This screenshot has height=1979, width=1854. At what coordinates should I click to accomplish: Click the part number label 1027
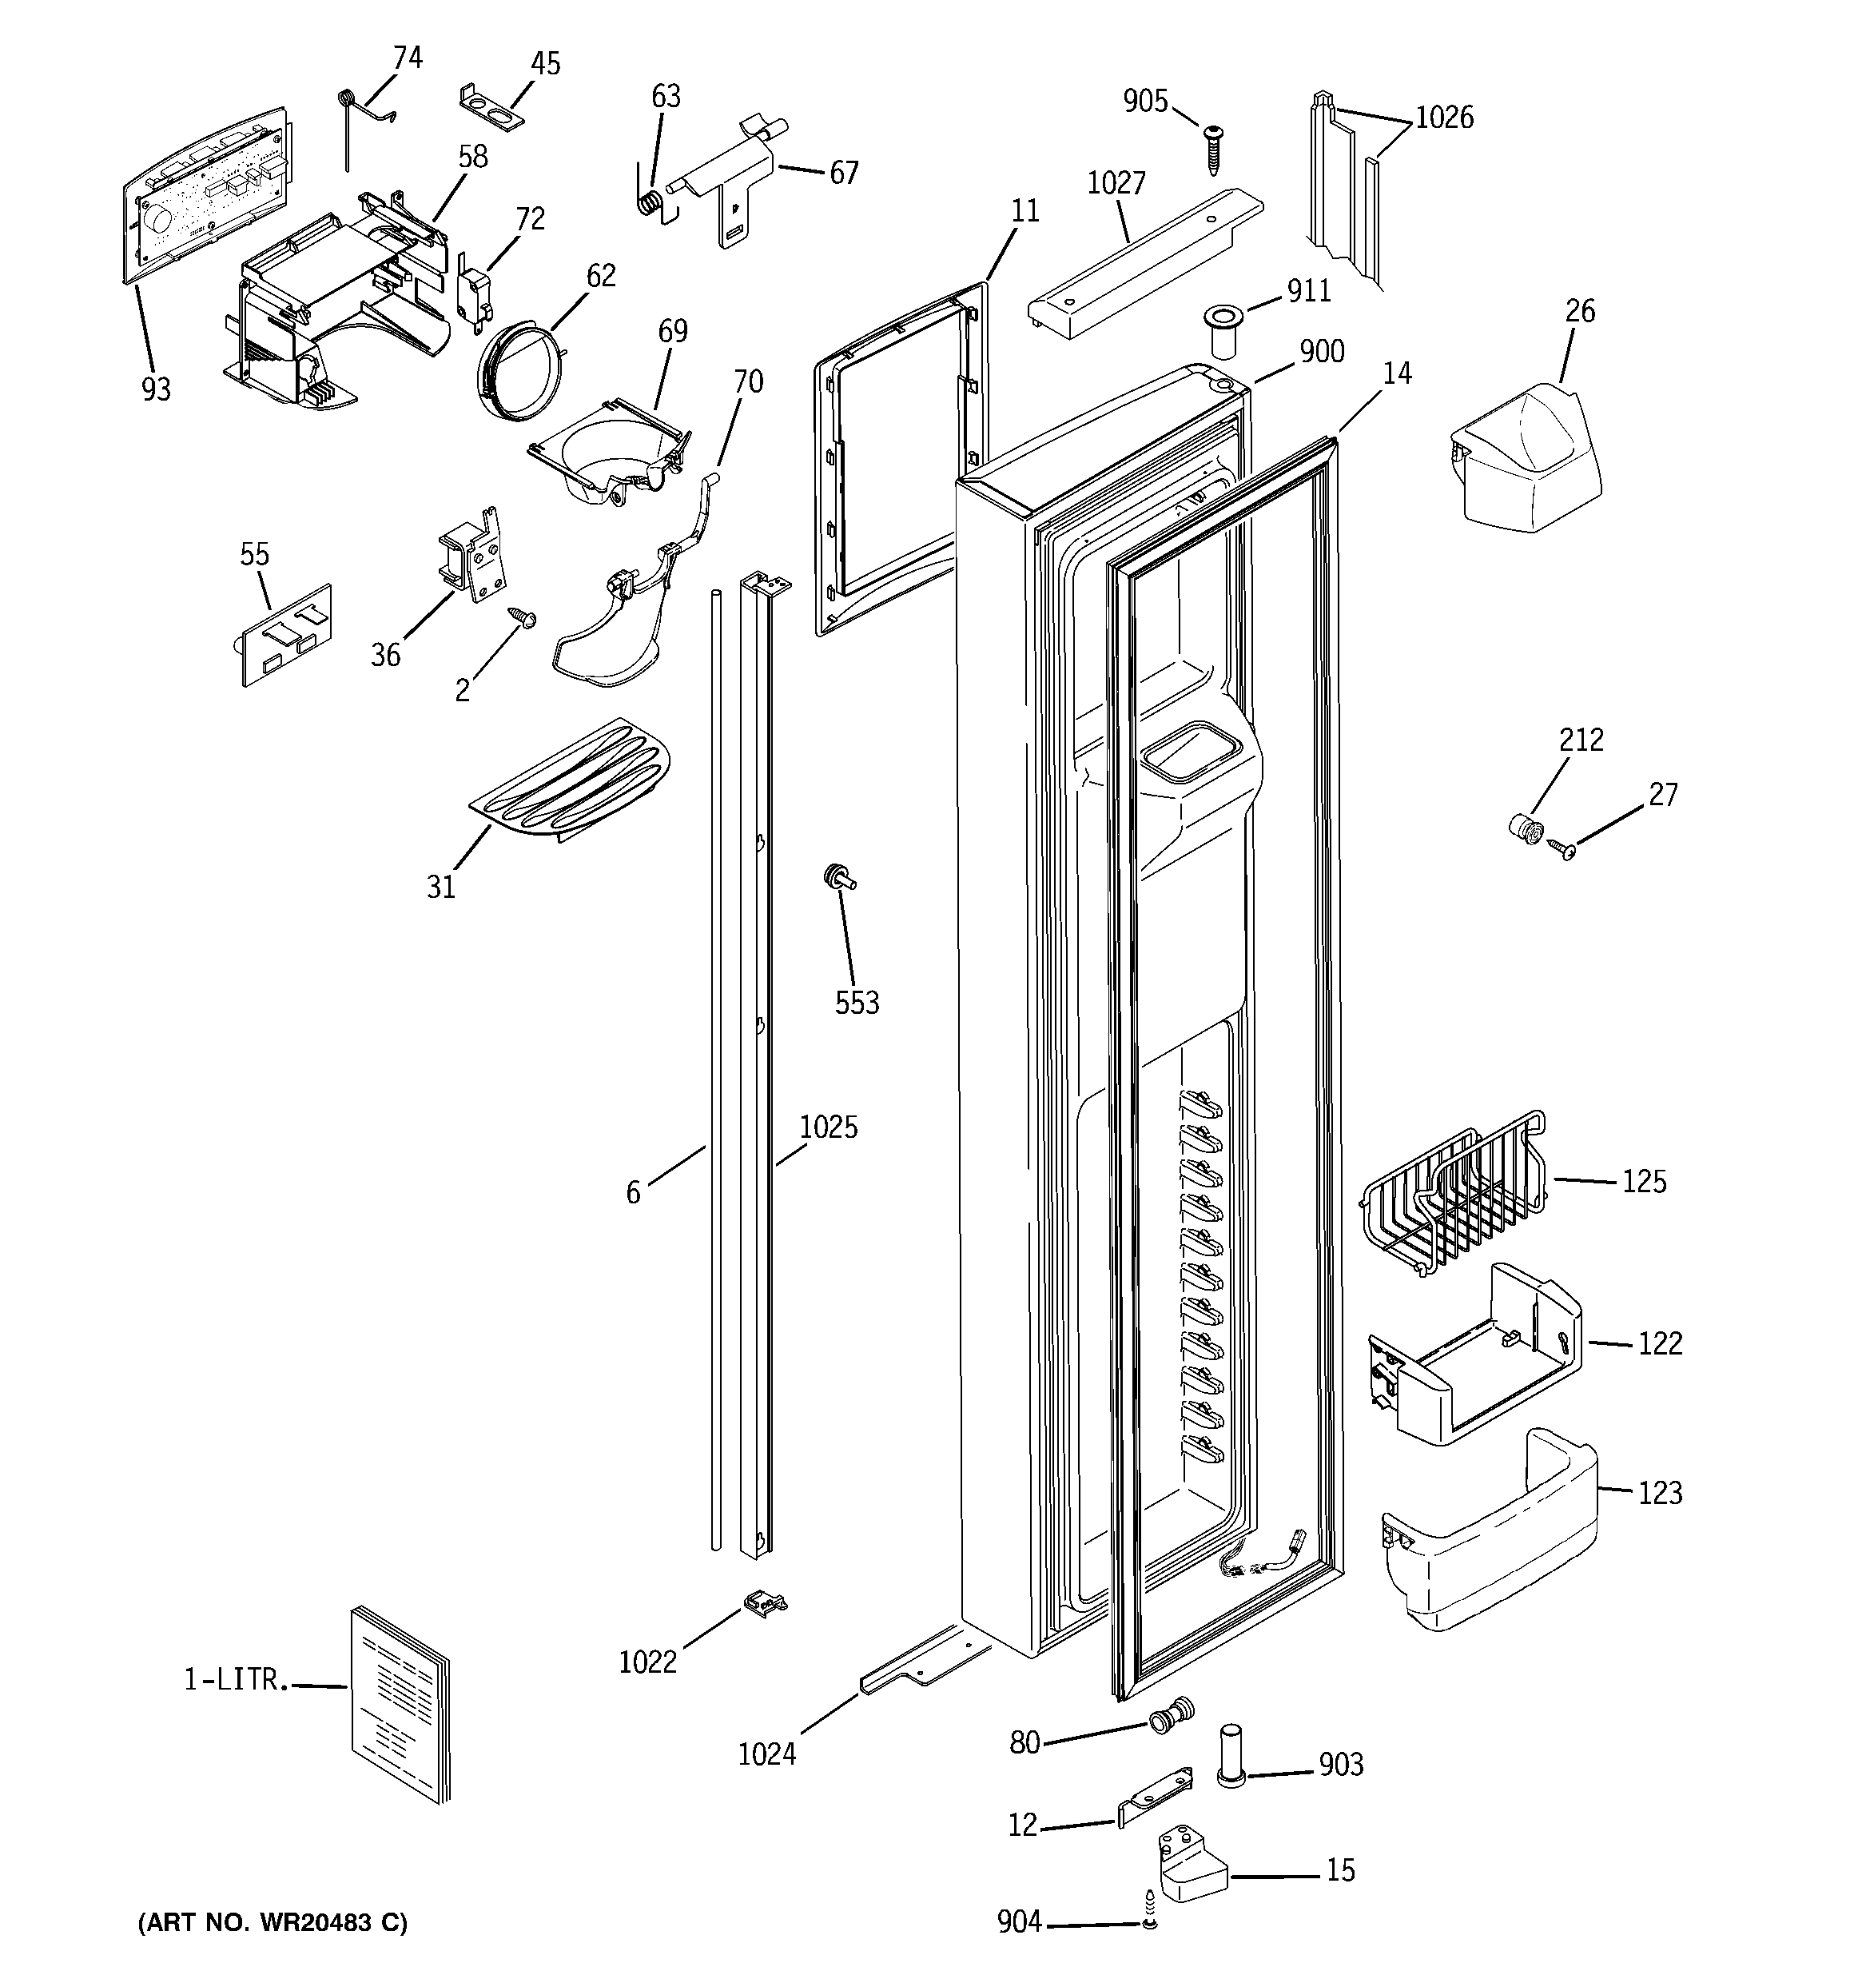(1116, 183)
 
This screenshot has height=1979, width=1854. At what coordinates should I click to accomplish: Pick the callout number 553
(856, 1003)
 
